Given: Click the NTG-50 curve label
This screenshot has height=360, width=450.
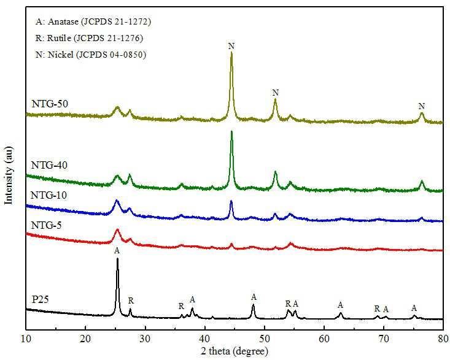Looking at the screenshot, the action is (x=50, y=104).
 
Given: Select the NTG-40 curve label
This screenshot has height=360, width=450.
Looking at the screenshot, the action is (x=49, y=165).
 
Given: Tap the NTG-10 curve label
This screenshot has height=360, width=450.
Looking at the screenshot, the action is (x=48, y=195).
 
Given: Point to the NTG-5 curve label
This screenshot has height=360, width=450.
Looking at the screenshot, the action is (x=46, y=225).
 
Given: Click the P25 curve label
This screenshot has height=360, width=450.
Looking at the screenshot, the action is (x=40, y=299).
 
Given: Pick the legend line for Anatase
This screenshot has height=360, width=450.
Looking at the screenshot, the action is (x=93, y=22).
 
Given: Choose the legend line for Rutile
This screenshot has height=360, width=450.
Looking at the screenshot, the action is (x=89, y=38).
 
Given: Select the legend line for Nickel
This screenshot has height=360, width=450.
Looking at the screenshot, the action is (x=91, y=55).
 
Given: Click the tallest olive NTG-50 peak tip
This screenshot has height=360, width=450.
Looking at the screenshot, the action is (x=231, y=53).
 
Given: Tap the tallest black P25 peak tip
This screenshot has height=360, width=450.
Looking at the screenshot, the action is (x=117, y=259).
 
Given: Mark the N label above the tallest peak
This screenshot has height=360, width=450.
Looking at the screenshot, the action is (x=231, y=46).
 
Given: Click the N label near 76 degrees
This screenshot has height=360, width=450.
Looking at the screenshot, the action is (x=421, y=106).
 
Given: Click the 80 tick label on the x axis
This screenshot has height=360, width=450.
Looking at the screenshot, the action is (x=443, y=339).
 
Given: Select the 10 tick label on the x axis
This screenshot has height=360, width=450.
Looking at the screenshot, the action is (x=26, y=339).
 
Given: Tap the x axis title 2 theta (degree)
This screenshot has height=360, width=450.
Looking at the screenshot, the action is (x=235, y=351).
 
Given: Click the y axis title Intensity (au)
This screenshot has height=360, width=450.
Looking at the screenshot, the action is (x=9, y=175).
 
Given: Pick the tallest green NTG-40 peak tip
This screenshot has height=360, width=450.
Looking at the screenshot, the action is (x=231, y=132).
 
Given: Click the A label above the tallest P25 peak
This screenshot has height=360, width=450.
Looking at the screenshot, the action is (x=117, y=250).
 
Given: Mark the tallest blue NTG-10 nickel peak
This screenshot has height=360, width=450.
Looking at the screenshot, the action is (x=231, y=202).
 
